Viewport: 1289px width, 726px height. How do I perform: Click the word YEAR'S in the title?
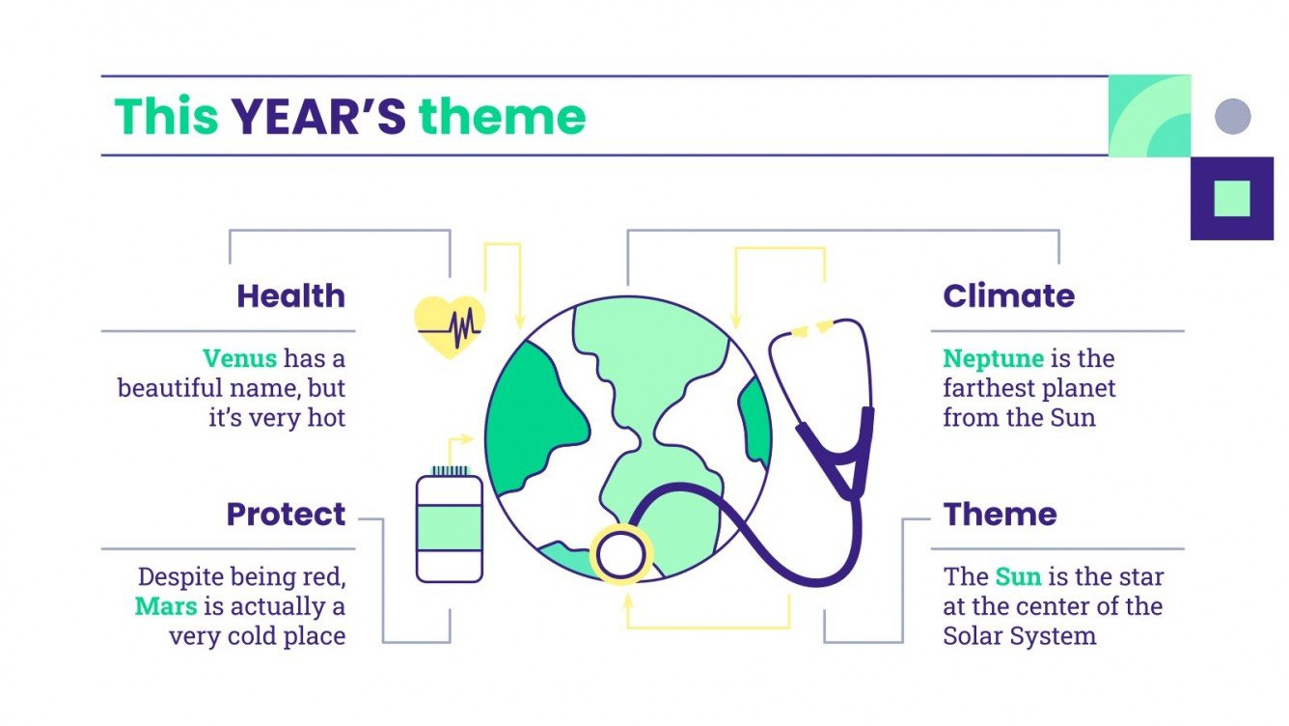(x=317, y=117)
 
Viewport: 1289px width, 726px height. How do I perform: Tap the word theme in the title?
(x=502, y=117)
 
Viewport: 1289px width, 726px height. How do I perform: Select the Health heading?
(x=290, y=295)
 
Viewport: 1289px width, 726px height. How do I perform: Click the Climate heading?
(x=1008, y=295)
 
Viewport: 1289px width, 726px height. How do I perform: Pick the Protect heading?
(x=286, y=514)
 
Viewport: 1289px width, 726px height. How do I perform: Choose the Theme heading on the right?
(x=1000, y=514)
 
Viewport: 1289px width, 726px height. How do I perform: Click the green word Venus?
(x=239, y=358)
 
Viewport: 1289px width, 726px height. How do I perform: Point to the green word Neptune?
(x=993, y=358)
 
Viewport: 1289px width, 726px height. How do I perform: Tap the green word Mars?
(x=166, y=606)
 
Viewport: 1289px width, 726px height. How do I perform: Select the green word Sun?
(x=1018, y=576)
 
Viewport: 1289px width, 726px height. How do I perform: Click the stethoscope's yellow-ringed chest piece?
(x=621, y=556)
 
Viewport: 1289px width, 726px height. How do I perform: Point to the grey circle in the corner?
(x=1232, y=117)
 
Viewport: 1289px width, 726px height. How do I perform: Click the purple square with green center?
(x=1232, y=198)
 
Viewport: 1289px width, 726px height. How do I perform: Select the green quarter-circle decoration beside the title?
(x=1149, y=116)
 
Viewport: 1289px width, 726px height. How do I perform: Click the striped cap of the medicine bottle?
(x=449, y=470)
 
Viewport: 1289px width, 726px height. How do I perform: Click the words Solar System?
(x=1019, y=636)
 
